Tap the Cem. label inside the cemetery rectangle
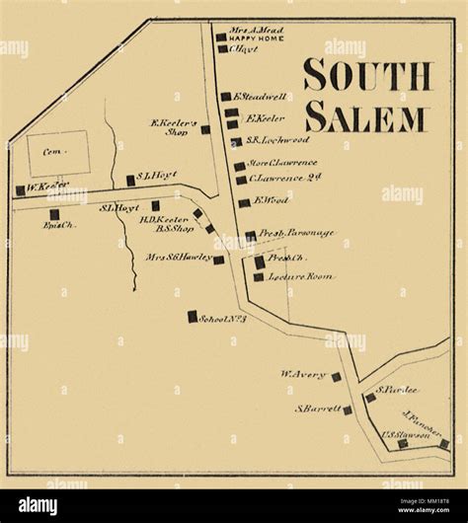point(48,154)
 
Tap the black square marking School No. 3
point(193,317)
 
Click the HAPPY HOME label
point(250,37)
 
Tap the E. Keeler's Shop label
point(169,128)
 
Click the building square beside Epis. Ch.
point(54,212)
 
